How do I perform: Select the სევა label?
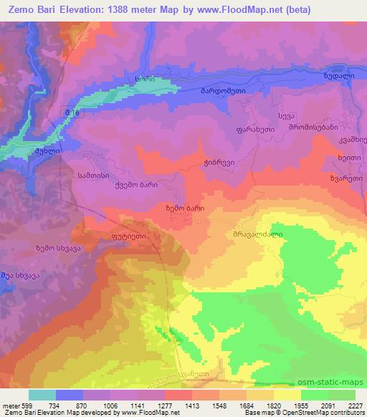click(x=286, y=115)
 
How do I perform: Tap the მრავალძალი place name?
click(x=254, y=233)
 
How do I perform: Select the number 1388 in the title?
click(x=142, y=11)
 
